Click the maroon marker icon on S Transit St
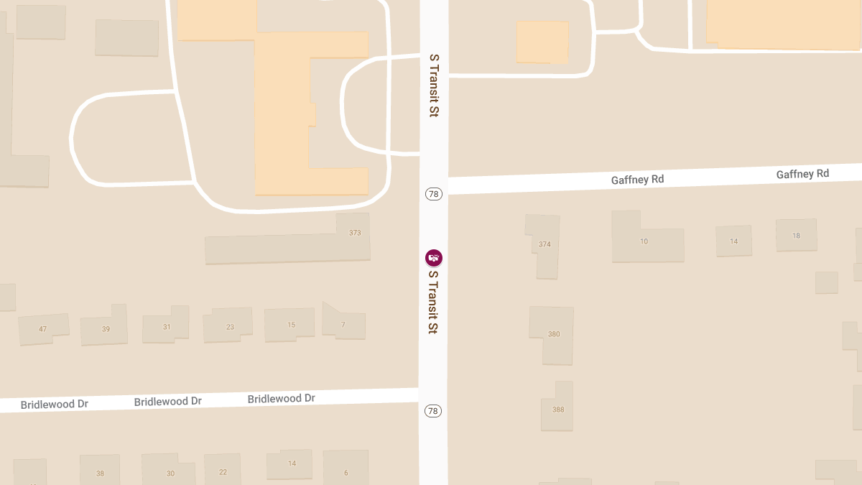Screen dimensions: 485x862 (x=433, y=258)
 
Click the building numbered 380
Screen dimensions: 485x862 (x=553, y=334)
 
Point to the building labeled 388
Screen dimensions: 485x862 (x=558, y=410)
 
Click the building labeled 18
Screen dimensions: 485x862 (x=796, y=236)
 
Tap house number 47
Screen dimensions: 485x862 (x=43, y=329)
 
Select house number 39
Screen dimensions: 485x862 (x=106, y=329)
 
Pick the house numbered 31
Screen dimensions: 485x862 (x=167, y=327)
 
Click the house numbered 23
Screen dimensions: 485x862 (x=230, y=327)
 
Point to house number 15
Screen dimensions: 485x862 (x=291, y=325)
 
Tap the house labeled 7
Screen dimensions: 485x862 (x=343, y=325)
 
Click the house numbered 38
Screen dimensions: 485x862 (x=100, y=473)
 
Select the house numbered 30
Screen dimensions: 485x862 (x=170, y=473)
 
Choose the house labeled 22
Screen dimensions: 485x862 (x=223, y=471)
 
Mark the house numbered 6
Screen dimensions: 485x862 (x=346, y=472)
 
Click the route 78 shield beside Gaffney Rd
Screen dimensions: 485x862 (x=433, y=194)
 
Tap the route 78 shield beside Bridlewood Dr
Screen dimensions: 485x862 (x=432, y=411)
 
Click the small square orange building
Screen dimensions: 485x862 (x=542, y=42)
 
